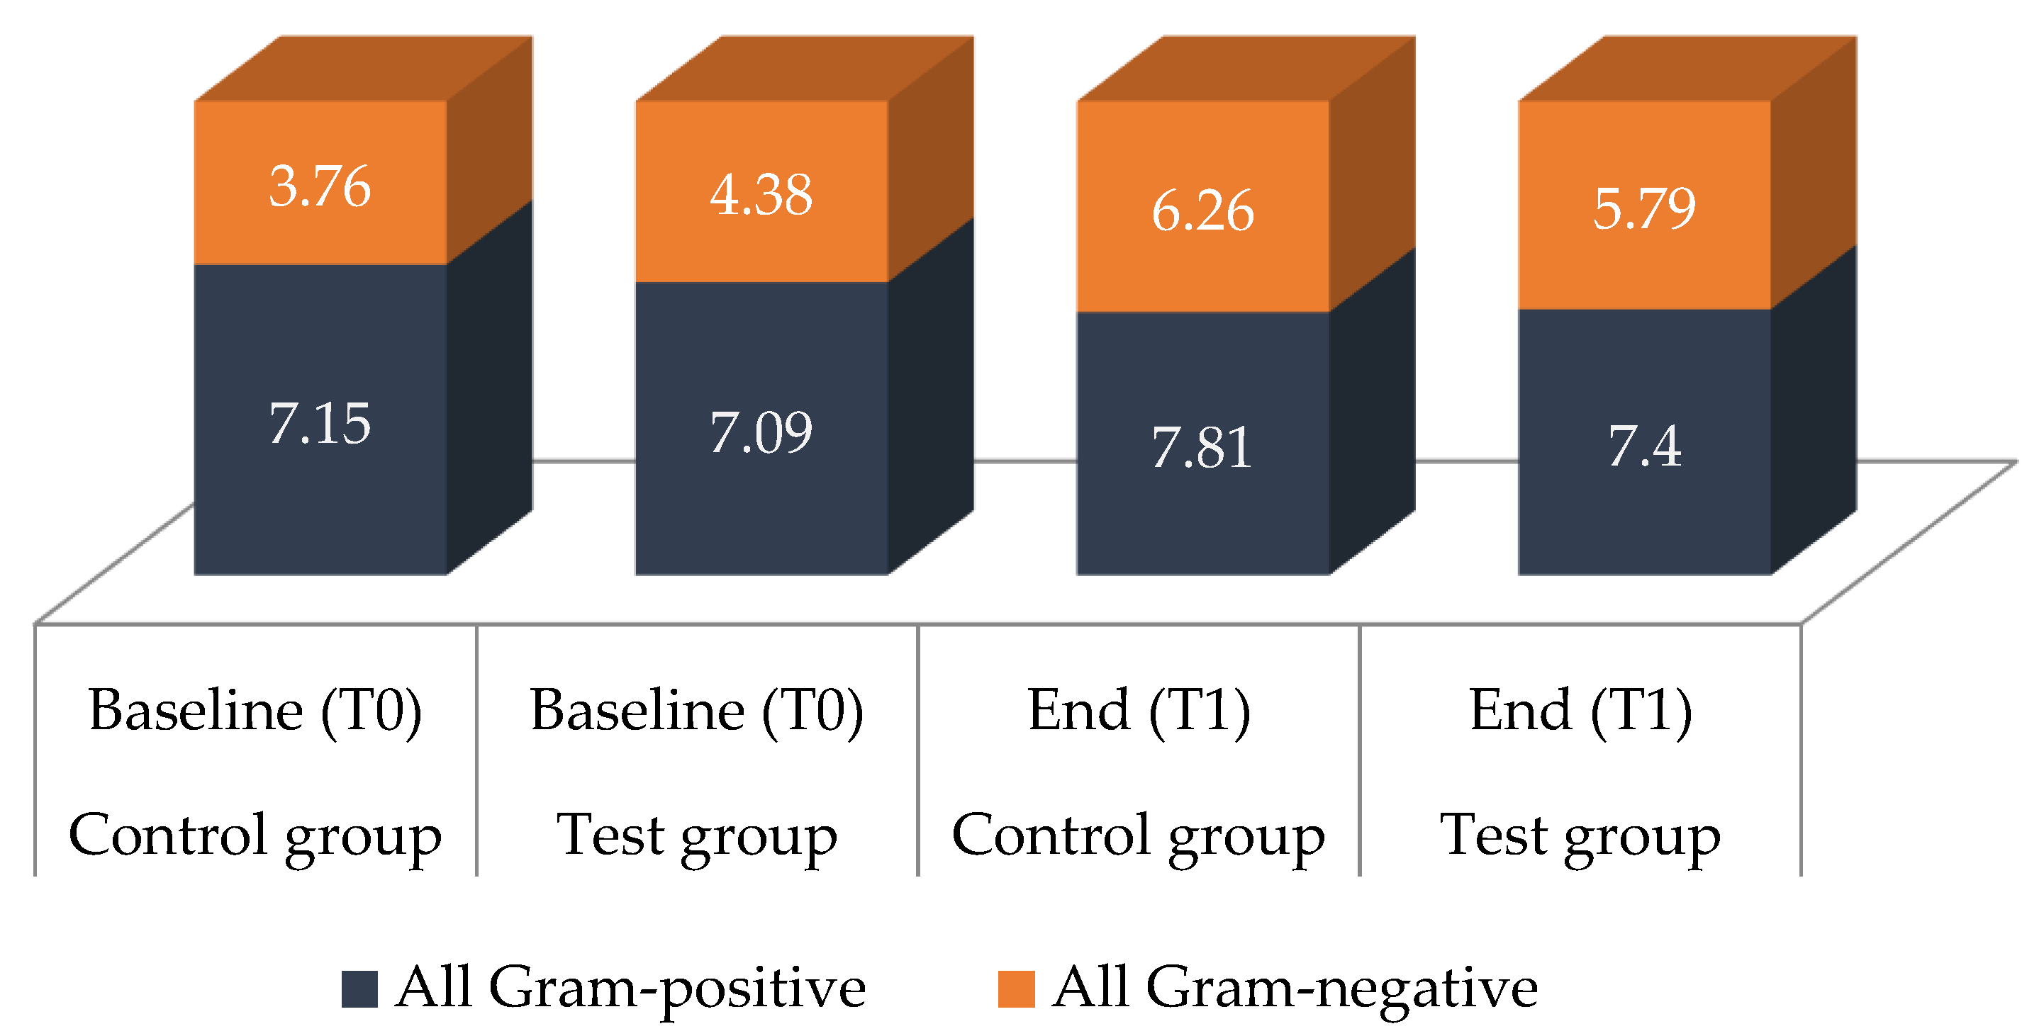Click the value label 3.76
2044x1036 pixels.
pyautogui.click(x=320, y=187)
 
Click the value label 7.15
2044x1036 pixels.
pyautogui.click(x=320, y=424)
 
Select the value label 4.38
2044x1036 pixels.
pyautogui.click(x=761, y=195)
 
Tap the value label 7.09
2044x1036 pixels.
pyautogui.click(x=761, y=433)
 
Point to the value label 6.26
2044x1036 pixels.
pyautogui.click(x=1203, y=212)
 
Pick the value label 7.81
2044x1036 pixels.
pyautogui.click(x=1202, y=448)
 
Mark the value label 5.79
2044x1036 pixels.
pyautogui.click(x=1644, y=208)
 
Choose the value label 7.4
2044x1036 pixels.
pyautogui.click(x=1644, y=446)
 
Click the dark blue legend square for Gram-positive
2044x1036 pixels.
pyautogui.click(x=359, y=989)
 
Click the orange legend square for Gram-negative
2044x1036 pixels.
pyautogui.click(x=1016, y=989)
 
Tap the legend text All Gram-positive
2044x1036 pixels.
pyautogui.click(x=631, y=988)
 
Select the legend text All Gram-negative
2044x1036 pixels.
pyautogui.click(x=1295, y=988)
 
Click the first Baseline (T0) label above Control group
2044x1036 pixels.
pyautogui.click(x=255, y=711)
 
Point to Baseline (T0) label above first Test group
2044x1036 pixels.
pyautogui.click(x=697, y=711)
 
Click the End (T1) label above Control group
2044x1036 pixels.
pyautogui.click(x=1139, y=711)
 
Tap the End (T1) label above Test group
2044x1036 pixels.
pyautogui.click(x=1580, y=711)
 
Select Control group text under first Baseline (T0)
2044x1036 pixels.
pyautogui.click(x=255, y=836)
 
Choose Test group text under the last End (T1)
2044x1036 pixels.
pyautogui.click(x=1580, y=836)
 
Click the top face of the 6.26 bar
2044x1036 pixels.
pyautogui.click(x=1246, y=68)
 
